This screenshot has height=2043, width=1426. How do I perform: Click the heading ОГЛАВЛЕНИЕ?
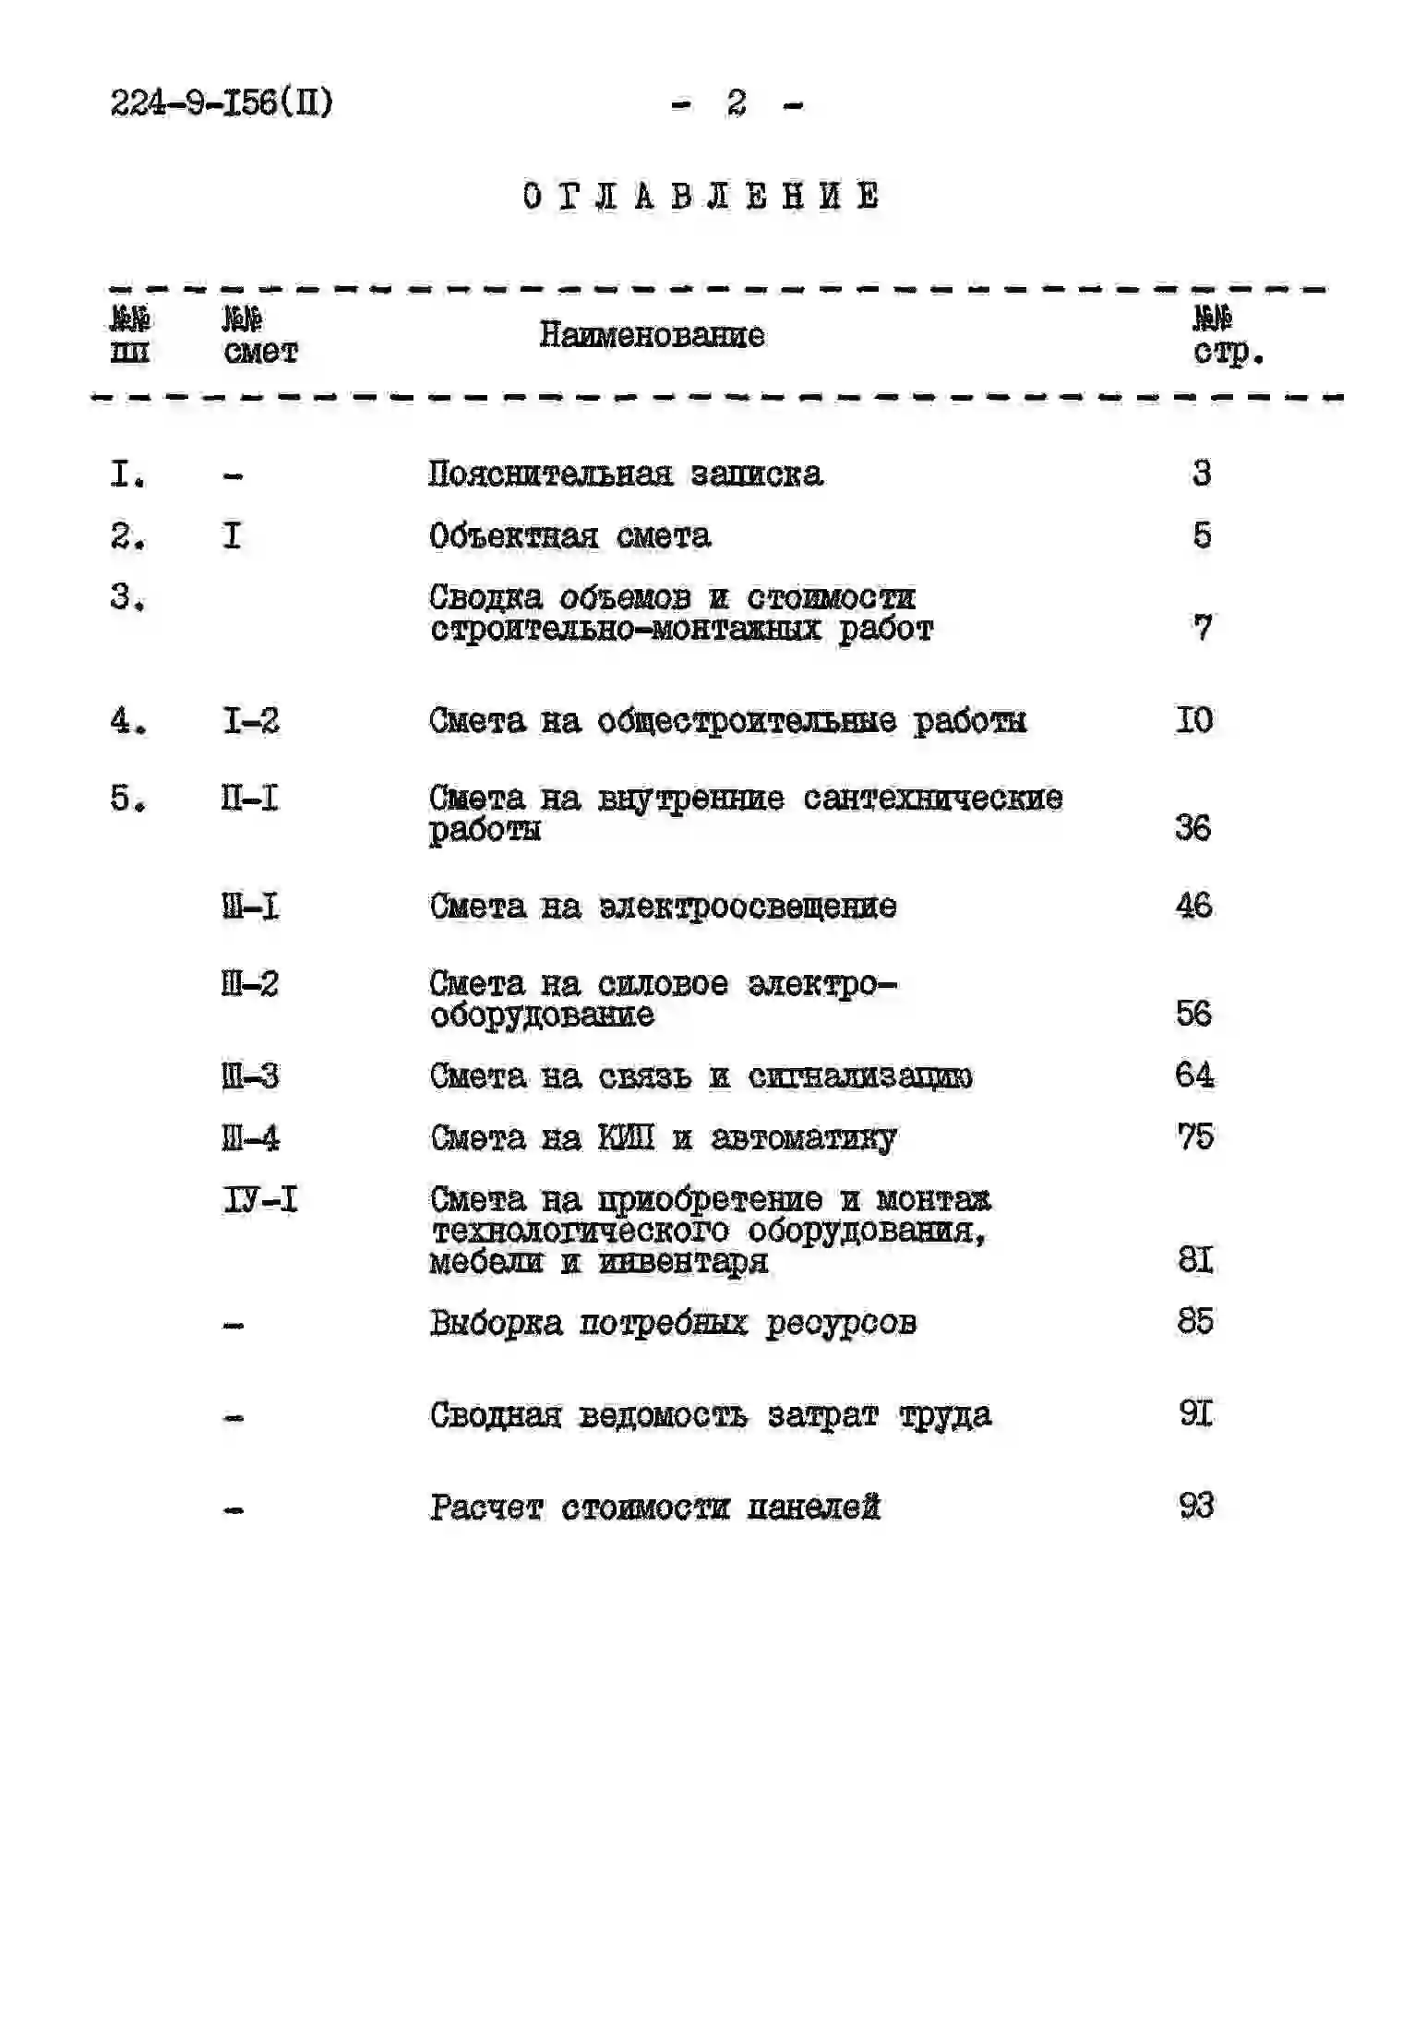pyautogui.click(x=701, y=197)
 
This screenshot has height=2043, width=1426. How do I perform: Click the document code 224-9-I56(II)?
pyautogui.click(x=222, y=102)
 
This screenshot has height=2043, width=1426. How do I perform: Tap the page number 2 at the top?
pyautogui.click(x=737, y=102)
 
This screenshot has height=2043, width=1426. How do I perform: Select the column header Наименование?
pyautogui.click(x=652, y=335)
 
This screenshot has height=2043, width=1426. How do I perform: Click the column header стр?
pyautogui.click(x=1228, y=352)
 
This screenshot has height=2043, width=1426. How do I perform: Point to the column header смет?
pyautogui.click(x=260, y=352)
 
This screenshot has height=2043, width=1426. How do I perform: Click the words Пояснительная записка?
pyautogui.click(x=625, y=475)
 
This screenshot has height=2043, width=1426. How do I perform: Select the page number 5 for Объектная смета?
pyautogui.click(x=1202, y=535)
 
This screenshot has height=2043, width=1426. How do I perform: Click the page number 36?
pyautogui.click(x=1193, y=828)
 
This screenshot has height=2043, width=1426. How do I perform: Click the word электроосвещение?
pyautogui.click(x=748, y=907)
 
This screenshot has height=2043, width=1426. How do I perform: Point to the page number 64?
pyautogui.click(x=1194, y=1076)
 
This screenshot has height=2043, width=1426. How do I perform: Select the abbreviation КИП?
pyautogui.click(x=626, y=1137)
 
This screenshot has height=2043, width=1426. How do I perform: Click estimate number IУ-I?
pyautogui.click(x=260, y=1200)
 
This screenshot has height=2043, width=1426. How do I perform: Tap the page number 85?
pyautogui.click(x=1195, y=1322)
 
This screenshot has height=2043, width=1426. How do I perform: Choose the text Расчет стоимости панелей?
pyautogui.click(x=654, y=1508)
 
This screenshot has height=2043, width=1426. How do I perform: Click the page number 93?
pyautogui.click(x=1196, y=1507)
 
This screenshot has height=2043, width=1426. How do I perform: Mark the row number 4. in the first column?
pyautogui.click(x=128, y=721)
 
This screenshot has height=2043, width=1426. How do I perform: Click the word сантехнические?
pyautogui.click(x=932, y=798)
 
